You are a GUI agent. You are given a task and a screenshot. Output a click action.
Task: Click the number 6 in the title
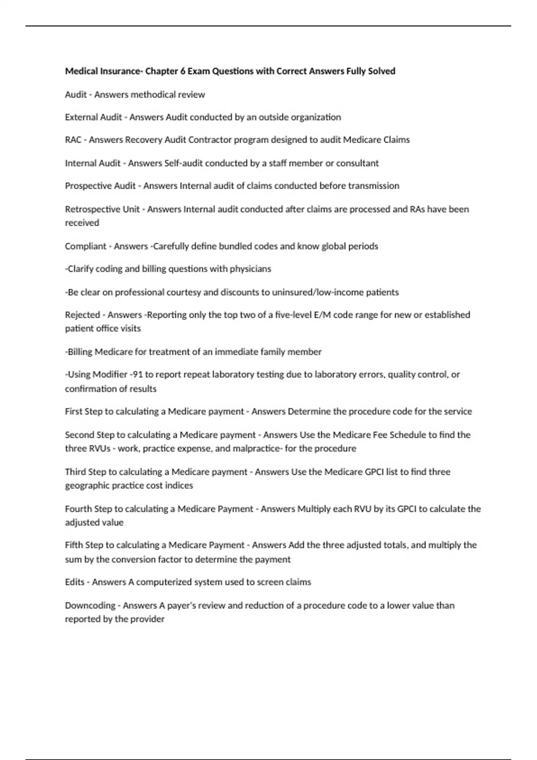pyautogui.click(x=183, y=71)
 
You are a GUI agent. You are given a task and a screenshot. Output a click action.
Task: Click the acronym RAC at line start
pyautogui.click(x=73, y=140)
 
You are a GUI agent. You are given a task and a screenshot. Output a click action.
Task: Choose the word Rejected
pyautogui.click(x=82, y=315)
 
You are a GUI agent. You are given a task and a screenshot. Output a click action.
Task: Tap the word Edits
pyautogui.click(x=75, y=582)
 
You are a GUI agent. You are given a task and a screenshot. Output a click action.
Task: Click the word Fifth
pyautogui.click(x=74, y=545)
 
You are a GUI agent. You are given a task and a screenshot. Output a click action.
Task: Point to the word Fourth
pyautogui.click(x=77, y=509)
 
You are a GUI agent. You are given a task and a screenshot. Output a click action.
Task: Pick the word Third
pyautogui.click(x=75, y=472)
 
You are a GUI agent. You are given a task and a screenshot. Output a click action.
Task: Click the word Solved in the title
pyautogui.click(x=382, y=71)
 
